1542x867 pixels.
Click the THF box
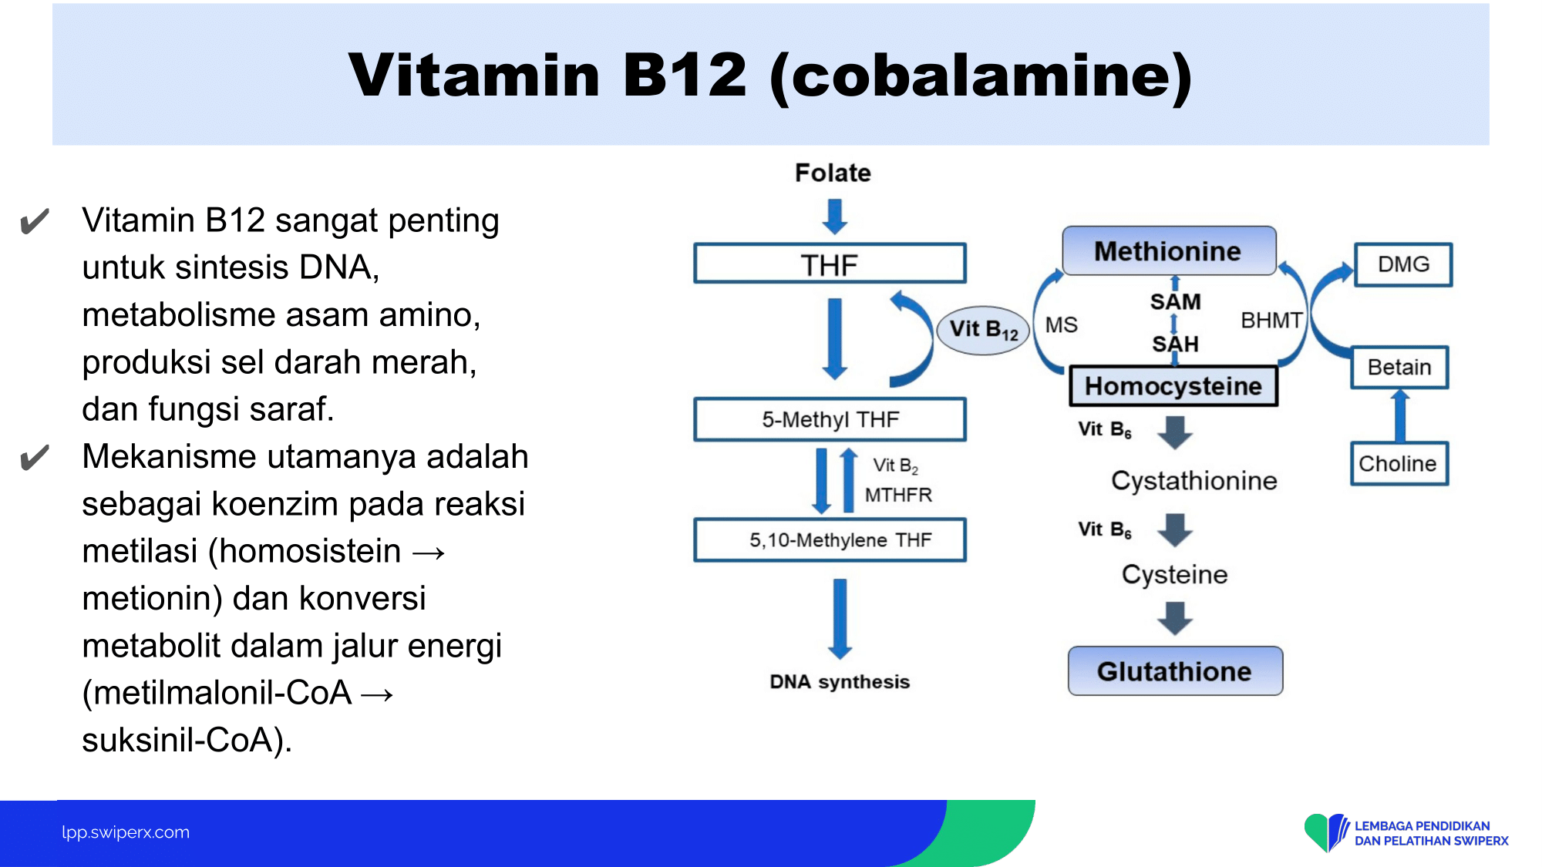coord(830,264)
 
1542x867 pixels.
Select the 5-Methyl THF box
coord(830,419)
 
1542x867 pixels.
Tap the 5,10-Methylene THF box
coord(830,539)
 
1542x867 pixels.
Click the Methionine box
coord(1169,250)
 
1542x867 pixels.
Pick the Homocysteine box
coord(1173,386)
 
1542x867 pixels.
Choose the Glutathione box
coord(1175,671)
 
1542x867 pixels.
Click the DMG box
coord(1403,264)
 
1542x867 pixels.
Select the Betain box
coord(1399,367)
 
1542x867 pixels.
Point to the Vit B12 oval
coord(984,329)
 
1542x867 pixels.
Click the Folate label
coord(833,173)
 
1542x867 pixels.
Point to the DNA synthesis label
coord(840,682)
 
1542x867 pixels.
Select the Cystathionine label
coord(1194,481)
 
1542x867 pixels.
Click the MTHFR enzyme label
coord(898,495)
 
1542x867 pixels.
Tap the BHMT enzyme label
coord(1271,320)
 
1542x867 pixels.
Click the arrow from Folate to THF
coord(834,217)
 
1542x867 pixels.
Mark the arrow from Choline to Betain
coord(1400,415)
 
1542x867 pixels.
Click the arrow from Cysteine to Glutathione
coord(1175,618)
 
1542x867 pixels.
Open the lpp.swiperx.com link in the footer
coord(126,832)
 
